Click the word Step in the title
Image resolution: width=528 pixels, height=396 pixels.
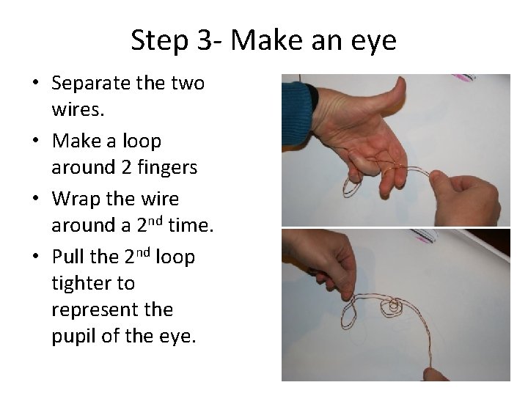(159, 41)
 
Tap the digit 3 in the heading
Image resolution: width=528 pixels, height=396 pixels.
(204, 40)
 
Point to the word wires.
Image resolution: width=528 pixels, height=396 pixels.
(78, 109)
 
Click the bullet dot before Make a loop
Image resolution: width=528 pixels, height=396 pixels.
(36, 140)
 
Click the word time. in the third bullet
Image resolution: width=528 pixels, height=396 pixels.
(191, 224)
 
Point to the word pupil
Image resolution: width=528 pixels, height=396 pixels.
(74, 337)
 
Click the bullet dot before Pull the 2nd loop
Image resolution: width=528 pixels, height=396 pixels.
(36, 256)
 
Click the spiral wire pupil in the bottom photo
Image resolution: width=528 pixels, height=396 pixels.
(392, 307)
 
